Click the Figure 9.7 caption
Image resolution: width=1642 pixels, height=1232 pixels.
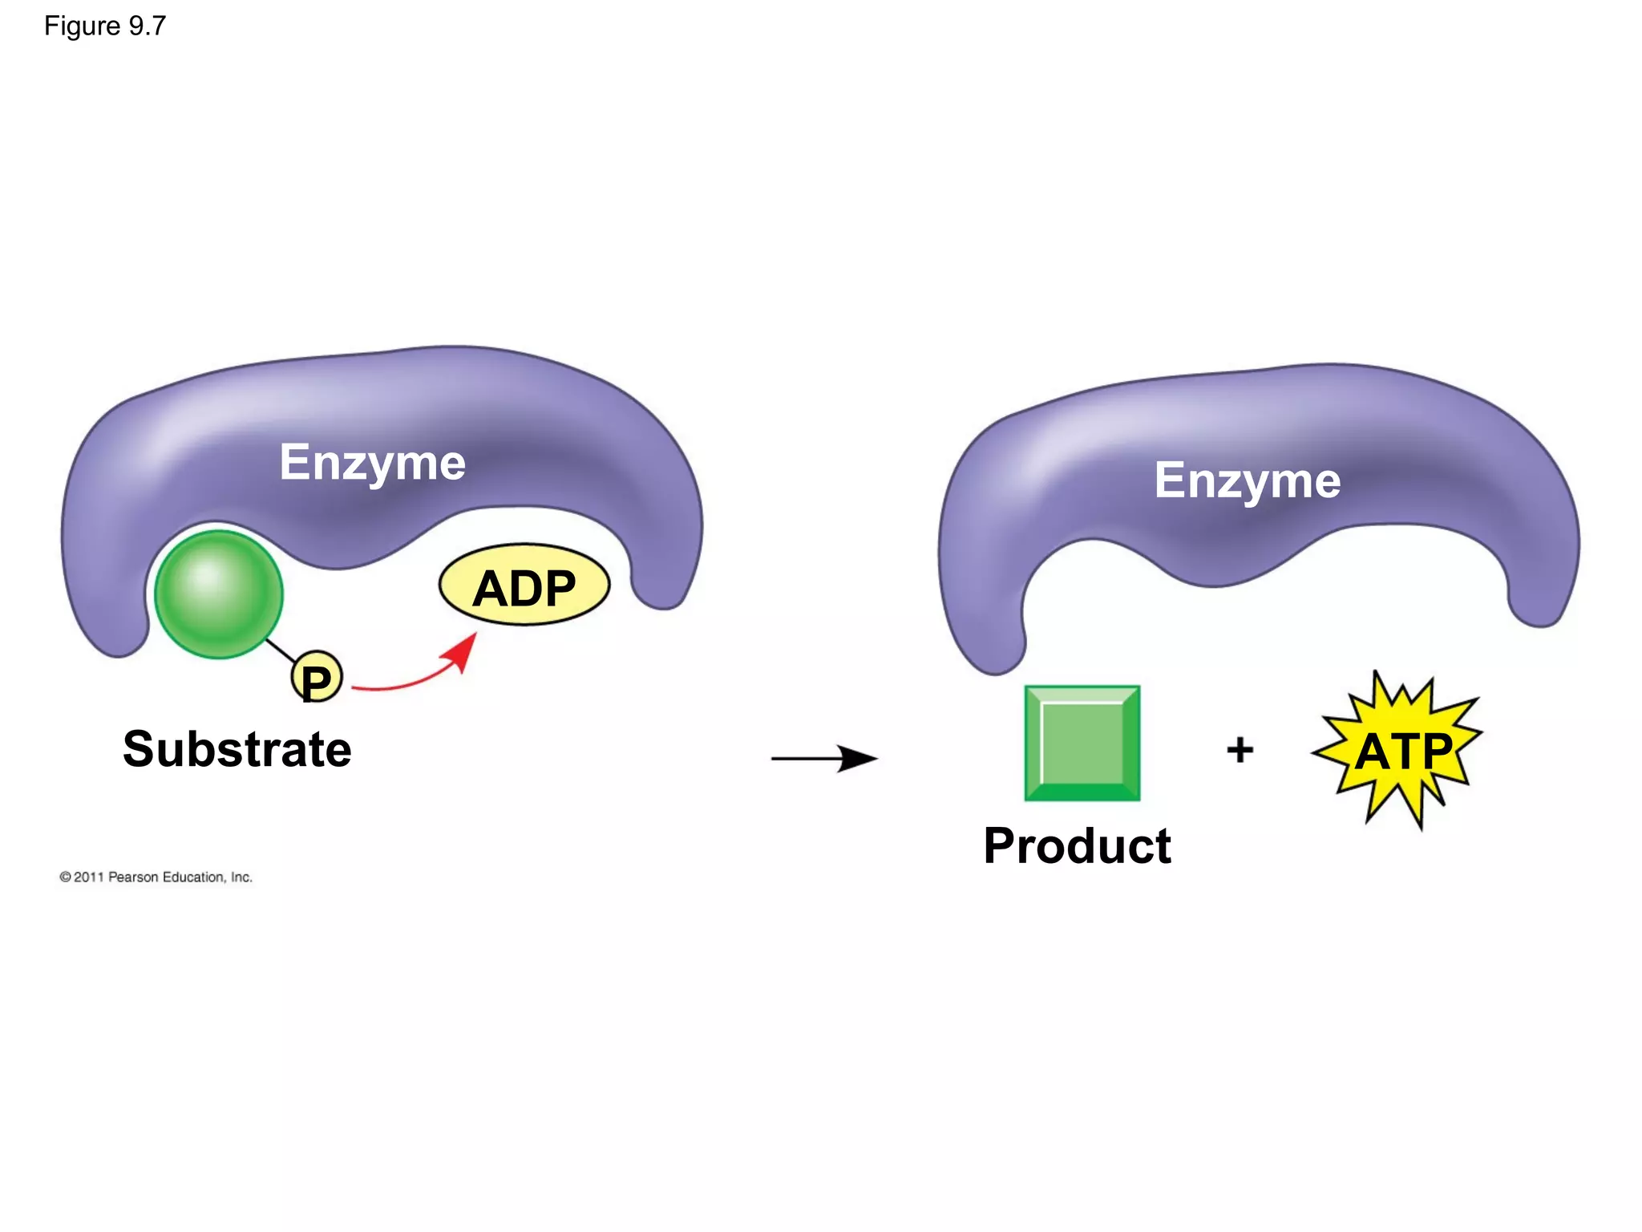[x=105, y=26]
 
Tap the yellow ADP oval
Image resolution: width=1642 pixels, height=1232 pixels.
[x=524, y=586]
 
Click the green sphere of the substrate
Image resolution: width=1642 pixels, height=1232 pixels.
[x=218, y=594]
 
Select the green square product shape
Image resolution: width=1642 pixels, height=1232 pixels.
[x=1082, y=743]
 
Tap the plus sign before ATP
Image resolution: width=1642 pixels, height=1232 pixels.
[x=1240, y=750]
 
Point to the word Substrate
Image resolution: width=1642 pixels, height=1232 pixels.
[x=237, y=749]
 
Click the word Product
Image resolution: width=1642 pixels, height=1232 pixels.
[x=1077, y=846]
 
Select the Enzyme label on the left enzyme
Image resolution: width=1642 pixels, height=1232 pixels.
[x=372, y=463]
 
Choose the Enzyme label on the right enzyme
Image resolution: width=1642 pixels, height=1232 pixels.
[x=1247, y=481]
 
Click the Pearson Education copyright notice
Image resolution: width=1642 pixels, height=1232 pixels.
[x=156, y=877]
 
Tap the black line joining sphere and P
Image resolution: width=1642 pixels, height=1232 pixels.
[x=280, y=651]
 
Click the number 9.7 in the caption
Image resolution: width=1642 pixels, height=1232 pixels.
[x=148, y=26]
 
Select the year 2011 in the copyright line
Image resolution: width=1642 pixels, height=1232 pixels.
[x=89, y=877]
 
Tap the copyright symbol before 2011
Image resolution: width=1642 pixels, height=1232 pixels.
[x=65, y=877]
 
